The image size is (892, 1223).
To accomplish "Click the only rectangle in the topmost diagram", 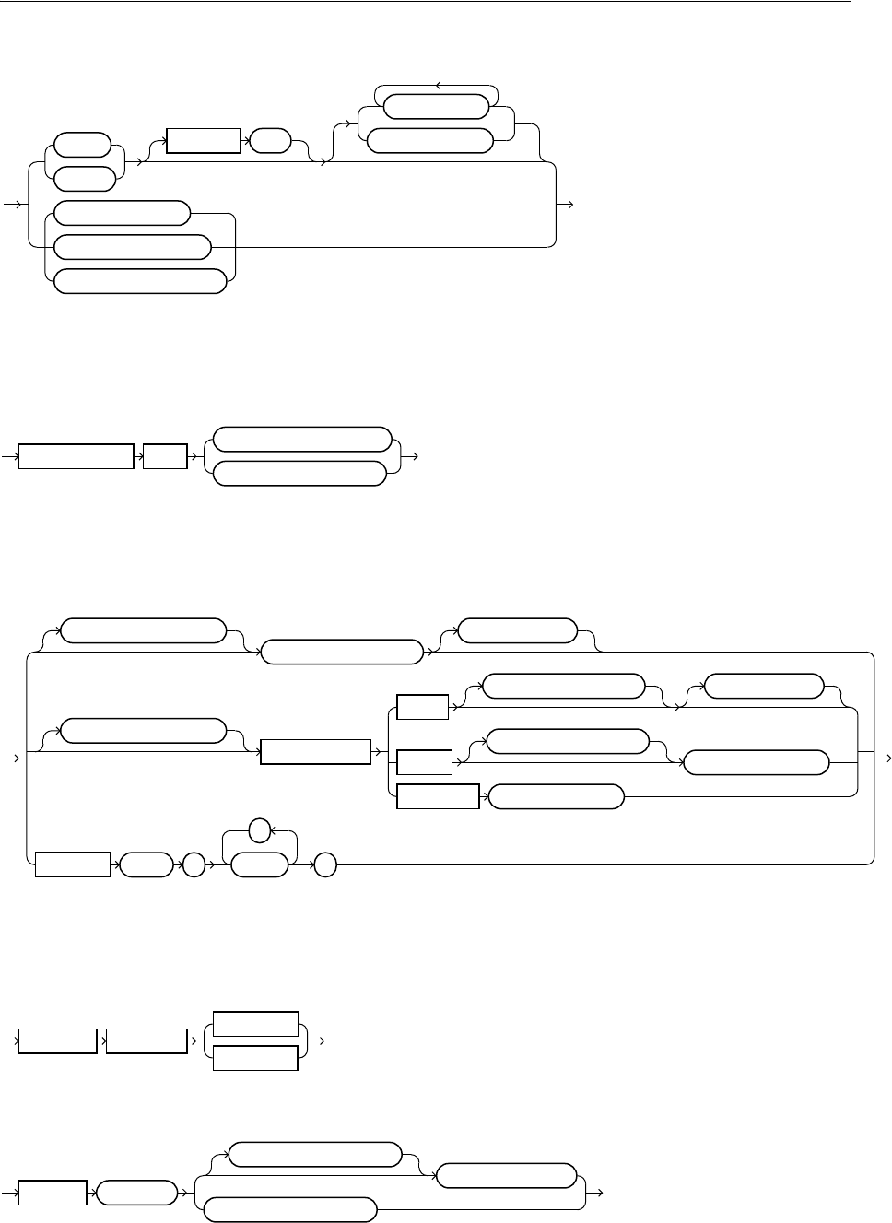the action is click(203, 141).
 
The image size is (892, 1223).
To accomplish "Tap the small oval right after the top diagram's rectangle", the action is click(269, 141).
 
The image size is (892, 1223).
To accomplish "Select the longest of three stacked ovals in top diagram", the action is click(140, 281).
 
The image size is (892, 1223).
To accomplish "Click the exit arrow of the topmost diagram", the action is click(569, 204).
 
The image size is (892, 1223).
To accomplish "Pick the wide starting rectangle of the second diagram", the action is click(76, 456).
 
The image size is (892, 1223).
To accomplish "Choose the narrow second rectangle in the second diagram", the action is click(165, 456).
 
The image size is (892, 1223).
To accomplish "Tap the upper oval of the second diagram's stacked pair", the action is click(301, 439).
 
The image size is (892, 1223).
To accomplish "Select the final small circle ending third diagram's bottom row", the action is click(325, 865).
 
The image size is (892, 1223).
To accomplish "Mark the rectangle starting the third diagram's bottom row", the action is click(73, 865).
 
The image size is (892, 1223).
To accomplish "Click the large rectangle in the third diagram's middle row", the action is click(315, 751).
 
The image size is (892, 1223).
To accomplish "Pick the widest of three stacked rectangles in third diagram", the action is click(438, 796).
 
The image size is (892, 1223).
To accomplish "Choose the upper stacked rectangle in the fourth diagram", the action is click(255, 1024).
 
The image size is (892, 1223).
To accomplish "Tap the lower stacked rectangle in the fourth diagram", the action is click(255, 1058).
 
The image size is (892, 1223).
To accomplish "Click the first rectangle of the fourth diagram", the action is click(58, 1041).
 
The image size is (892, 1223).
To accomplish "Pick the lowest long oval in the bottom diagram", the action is click(290, 1210).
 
